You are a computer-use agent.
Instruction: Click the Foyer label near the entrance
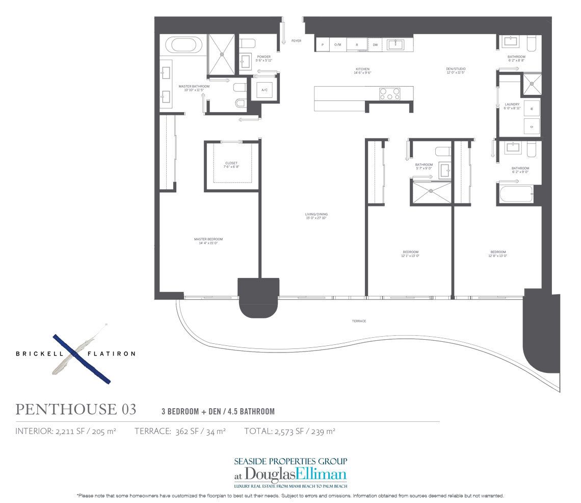296,40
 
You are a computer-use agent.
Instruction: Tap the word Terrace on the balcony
359,321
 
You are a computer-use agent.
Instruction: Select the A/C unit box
265,90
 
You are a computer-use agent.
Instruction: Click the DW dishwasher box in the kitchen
375,45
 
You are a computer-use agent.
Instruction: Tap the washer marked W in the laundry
531,109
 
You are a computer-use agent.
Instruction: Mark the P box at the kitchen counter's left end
322,45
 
